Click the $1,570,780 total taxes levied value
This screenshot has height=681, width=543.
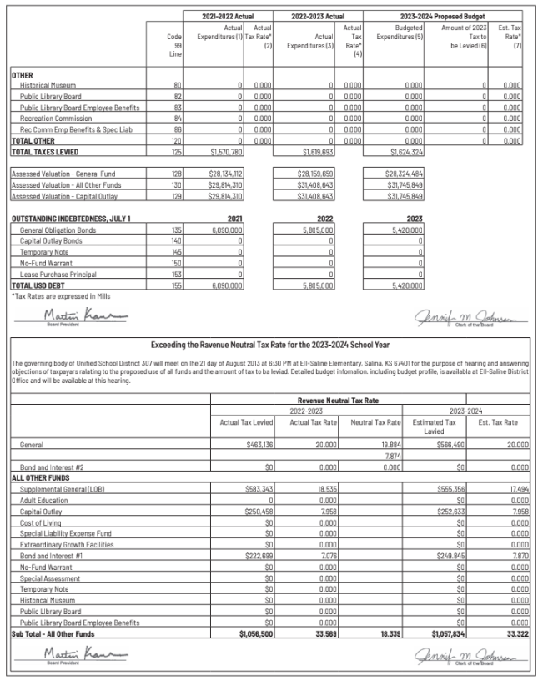click(226, 152)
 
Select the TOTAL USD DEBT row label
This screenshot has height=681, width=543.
click(38, 285)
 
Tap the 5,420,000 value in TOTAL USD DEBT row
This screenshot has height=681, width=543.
click(405, 285)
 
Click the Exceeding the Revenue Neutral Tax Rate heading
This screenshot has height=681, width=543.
click(271, 344)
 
